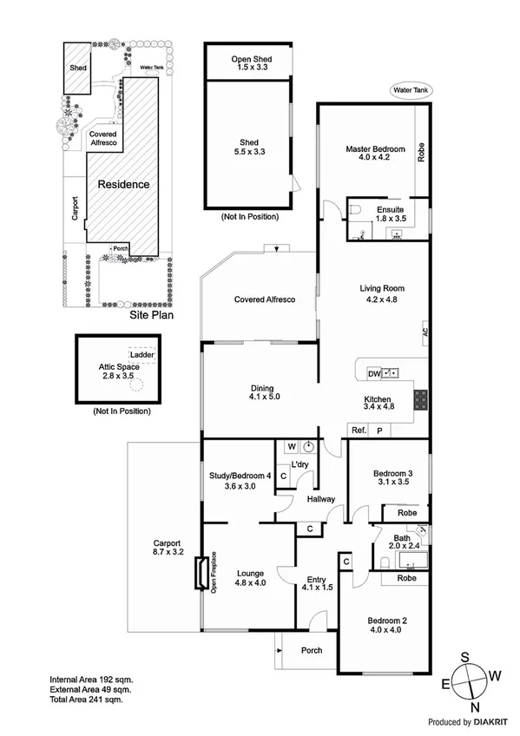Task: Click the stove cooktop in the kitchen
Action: [420, 399]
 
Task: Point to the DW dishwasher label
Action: [373, 373]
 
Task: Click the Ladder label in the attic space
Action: [140, 355]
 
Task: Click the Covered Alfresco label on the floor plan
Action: [265, 299]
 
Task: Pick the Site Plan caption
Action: [151, 316]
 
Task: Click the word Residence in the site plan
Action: [122, 185]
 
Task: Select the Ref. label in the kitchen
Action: [357, 430]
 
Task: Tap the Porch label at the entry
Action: [311, 650]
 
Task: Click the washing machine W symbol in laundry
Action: [291, 448]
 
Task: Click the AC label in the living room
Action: [425, 331]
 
